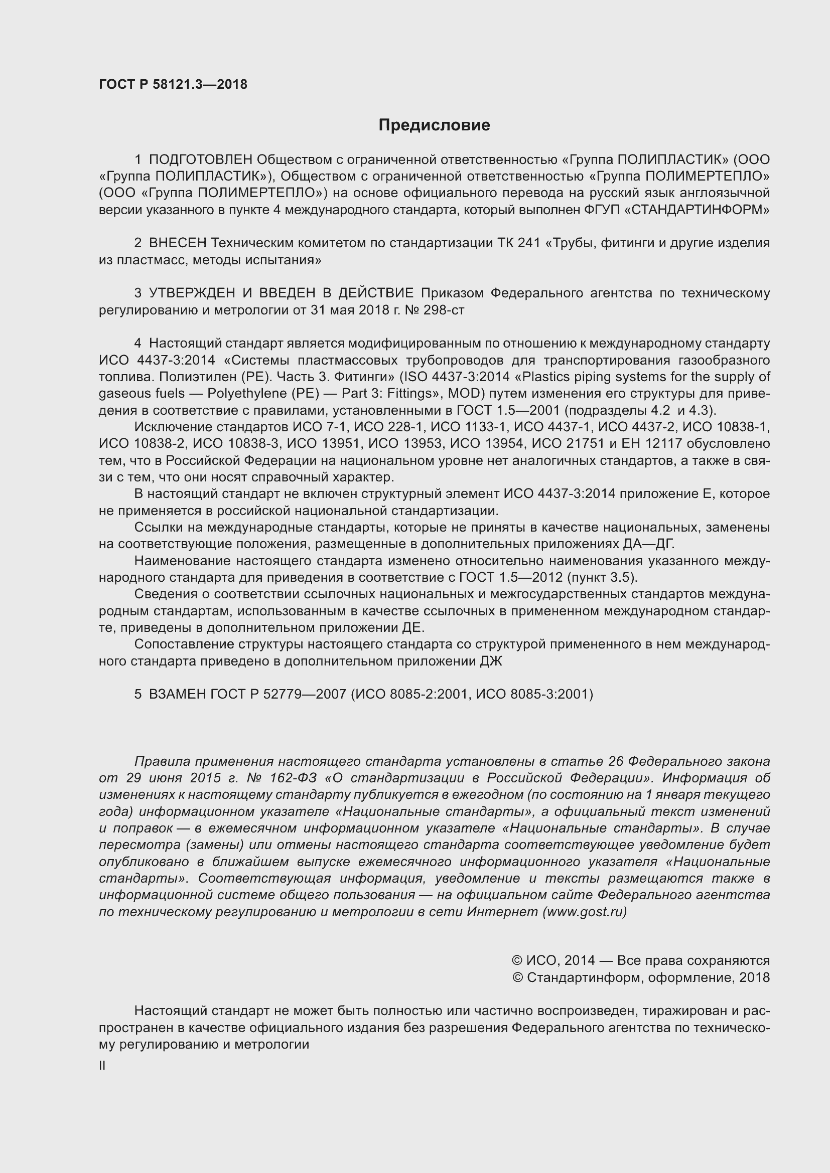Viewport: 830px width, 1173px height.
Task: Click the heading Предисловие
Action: (x=434, y=125)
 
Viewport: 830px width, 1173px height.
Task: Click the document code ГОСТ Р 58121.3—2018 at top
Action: (x=173, y=85)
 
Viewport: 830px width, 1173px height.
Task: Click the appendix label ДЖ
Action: (x=491, y=661)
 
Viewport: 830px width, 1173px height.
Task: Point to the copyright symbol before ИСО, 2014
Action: (x=517, y=961)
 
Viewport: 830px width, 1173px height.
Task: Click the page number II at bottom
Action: (x=102, y=1066)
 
